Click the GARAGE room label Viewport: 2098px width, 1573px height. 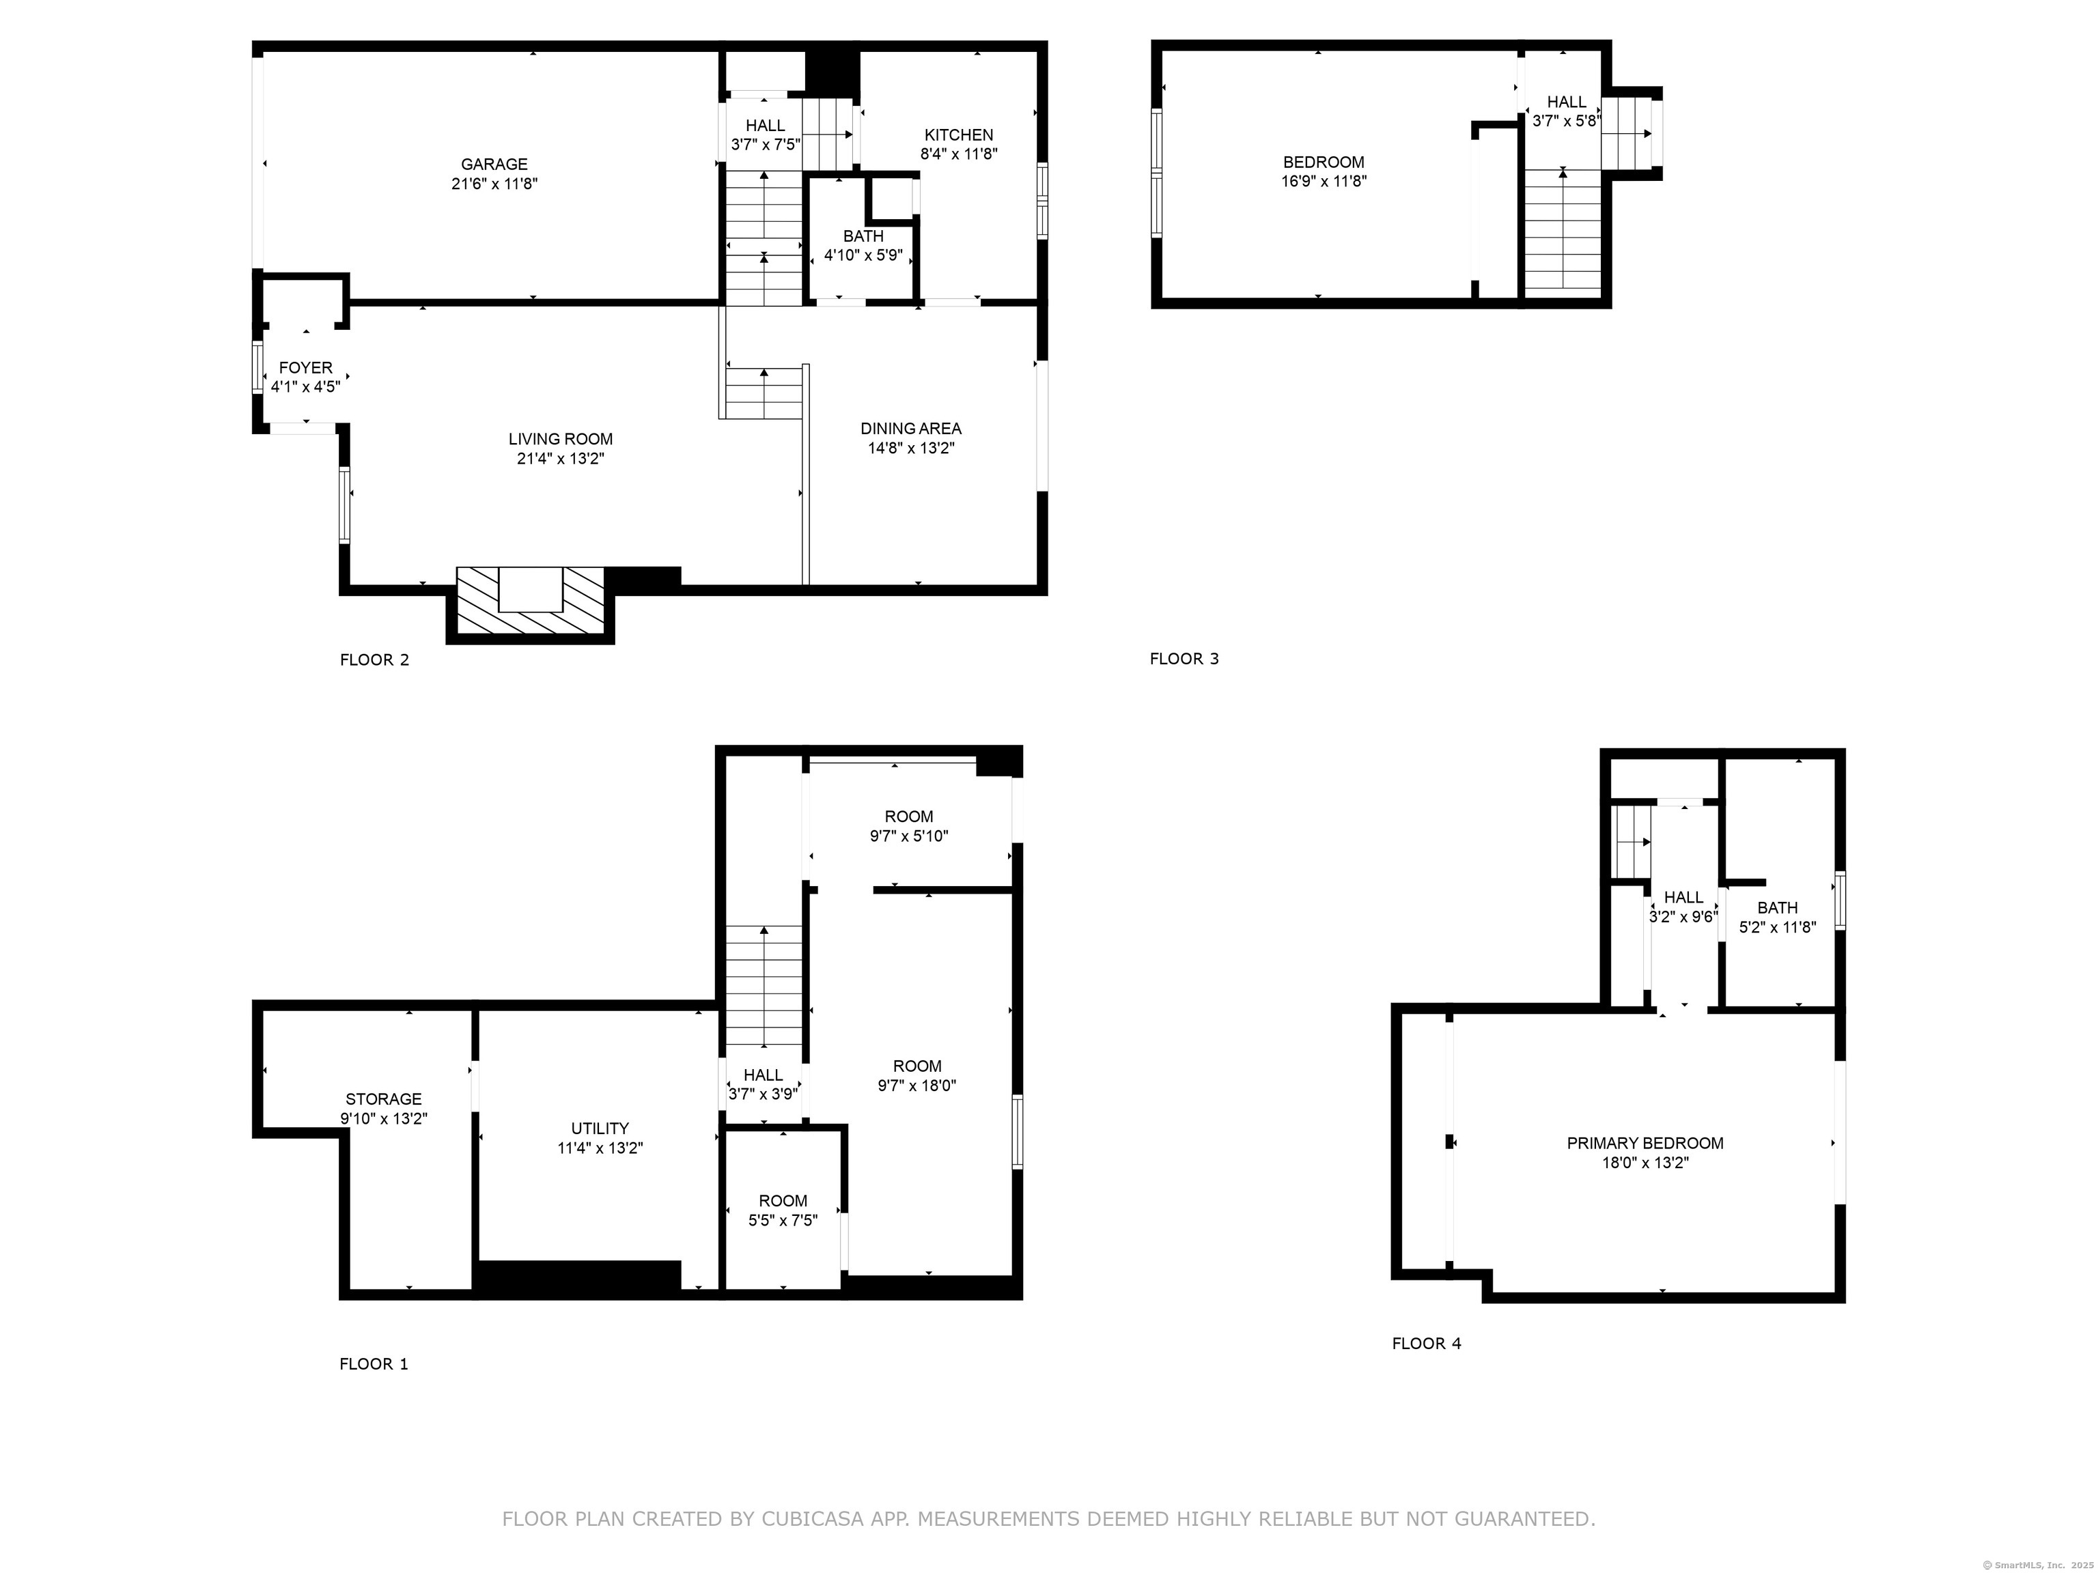pyautogui.click(x=494, y=164)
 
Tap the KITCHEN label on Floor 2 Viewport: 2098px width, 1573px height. pyautogui.click(x=959, y=134)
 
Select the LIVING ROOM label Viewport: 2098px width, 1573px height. pyautogui.click(x=561, y=439)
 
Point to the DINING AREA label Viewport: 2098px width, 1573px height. pyautogui.click(x=910, y=429)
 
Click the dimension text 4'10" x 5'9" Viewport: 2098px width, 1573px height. pyautogui.click(x=863, y=255)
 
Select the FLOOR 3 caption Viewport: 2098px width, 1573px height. pyautogui.click(x=1185, y=659)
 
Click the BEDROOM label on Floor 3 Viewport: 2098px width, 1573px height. pyautogui.click(x=1323, y=162)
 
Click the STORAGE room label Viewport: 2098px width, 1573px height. pyautogui.click(x=383, y=1099)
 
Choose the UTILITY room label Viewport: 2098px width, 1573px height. pyautogui.click(x=600, y=1129)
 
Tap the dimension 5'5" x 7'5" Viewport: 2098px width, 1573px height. pyautogui.click(x=783, y=1220)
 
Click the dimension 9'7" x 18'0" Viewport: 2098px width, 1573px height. pyautogui.click(x=917, y=1086)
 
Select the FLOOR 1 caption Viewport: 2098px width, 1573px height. pyautogui.click(x=374, y=1364)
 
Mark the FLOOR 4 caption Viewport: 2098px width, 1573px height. pyautogui.click(x=1427, y=1344)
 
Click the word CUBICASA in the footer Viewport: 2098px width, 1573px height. pyautogui.click(x=812, y=1519)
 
